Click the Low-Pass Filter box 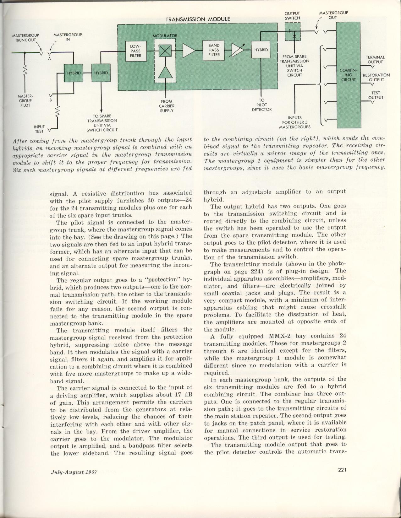pos(135,51)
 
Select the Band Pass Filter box pos(214,50)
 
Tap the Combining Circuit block pos(348,75)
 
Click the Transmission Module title pos(198,19)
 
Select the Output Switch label pos(292,16)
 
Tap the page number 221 pos(343,470)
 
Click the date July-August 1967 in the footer pos(74,472)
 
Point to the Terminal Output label pos(375,59)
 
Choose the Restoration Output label pos(376,77)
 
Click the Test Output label pos(376,95)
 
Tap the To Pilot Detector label pos(261,105)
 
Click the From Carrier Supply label pos(167,106)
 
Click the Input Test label pos(39,129)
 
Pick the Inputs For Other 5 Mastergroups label pos(295,122)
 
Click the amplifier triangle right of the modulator pos(189,50)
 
